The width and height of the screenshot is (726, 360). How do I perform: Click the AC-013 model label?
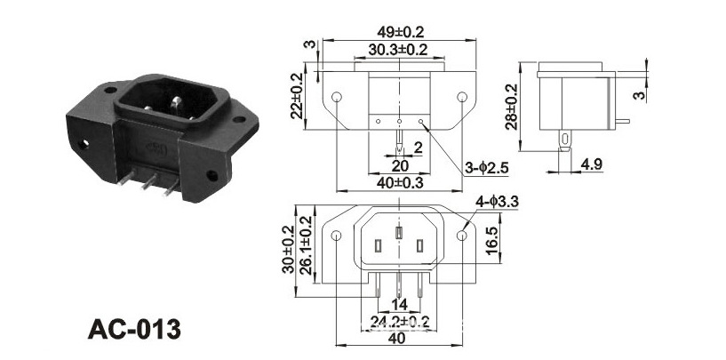click(134, 330)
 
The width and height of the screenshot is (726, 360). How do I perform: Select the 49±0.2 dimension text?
click(401, 32)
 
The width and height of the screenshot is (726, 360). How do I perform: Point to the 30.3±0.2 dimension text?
click(398, 50)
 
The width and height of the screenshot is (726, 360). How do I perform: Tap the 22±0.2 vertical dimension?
click(297, 96)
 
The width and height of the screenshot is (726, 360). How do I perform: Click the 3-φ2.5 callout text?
click(487, 169)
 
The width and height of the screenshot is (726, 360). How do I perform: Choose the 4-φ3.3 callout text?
click(497, 202)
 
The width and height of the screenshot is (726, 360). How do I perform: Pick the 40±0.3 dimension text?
click(400, 183)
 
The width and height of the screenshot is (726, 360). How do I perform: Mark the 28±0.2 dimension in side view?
click(511, 107)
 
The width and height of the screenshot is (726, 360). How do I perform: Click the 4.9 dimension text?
click(591, 164)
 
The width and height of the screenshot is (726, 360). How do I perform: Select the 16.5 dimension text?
click(492, 240)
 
